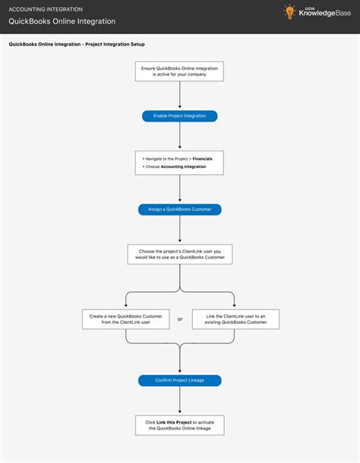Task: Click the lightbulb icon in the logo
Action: coord(289,12)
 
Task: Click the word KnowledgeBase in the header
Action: coord(324,15)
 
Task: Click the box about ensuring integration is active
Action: coord(180,71)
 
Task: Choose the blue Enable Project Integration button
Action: coord(180,116)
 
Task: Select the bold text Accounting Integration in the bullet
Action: coord(183,166)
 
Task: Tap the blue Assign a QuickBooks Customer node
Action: coord(180,208)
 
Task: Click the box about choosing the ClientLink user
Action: coord(180,254)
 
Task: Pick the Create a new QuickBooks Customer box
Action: coord(125,319)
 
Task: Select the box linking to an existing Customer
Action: coord(235,319)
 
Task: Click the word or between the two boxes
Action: coord(180,319)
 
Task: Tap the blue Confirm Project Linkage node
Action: coord(180,380)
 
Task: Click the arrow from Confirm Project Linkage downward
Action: coord(180,398)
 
